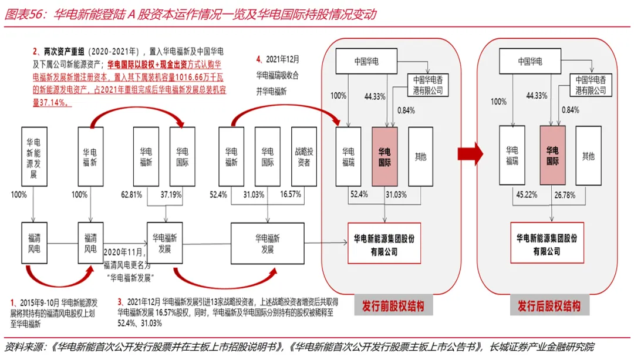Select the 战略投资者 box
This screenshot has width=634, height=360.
click(x=303, y=156)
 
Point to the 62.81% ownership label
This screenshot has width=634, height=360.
click(x=133, y=194)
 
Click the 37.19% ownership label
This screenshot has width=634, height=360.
click(x=171, y=194)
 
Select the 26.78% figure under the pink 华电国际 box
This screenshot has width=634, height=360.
click(x=561, y=194)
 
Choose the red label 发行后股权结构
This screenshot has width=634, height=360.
click(x=549, y=306)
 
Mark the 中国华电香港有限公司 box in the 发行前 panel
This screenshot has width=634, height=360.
click(x=427, y=85)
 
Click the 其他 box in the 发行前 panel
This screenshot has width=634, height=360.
click(x=420, y=156)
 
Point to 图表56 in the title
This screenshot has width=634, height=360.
click(x=25, y=14)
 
